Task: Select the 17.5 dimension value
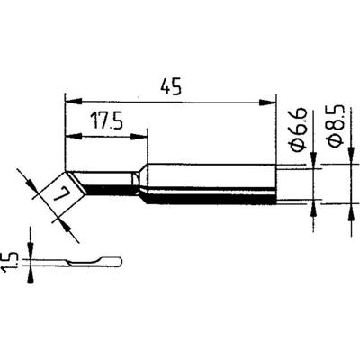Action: [107, 122]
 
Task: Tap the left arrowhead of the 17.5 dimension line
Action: [71, 137]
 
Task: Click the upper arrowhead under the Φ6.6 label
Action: [312, 163]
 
